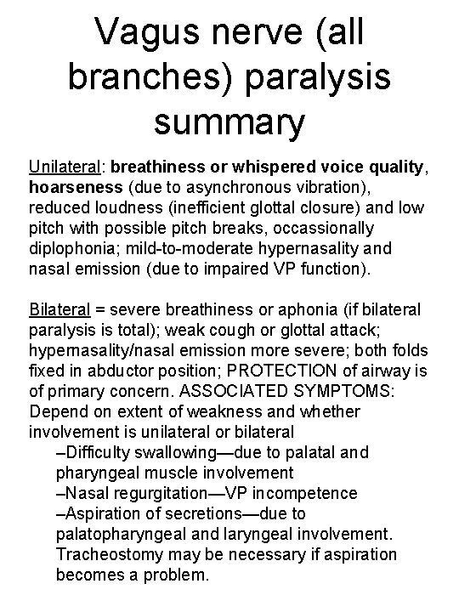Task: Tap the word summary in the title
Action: pyautogui.click(x=229, y=120)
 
